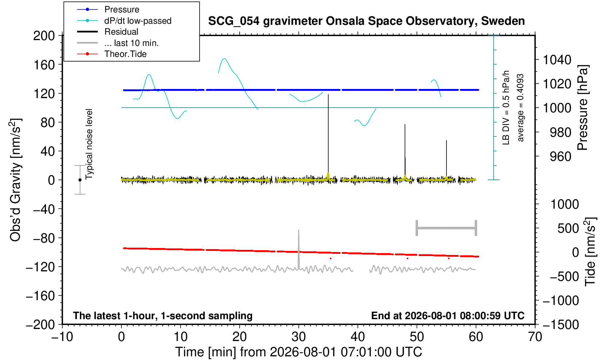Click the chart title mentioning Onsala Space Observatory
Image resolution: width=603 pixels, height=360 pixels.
pyautogui.click(x=366, y=21)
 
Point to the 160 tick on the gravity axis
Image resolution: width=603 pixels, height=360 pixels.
pyautogui.click(x=44, y=65)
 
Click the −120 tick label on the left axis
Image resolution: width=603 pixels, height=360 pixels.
pyautogui.click(x=40, y=267)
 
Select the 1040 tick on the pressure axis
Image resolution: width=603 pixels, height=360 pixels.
pyautogui.click(x=557, y=60)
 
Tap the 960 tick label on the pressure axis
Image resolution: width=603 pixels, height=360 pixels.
pyautogui.click(x=560, y=156)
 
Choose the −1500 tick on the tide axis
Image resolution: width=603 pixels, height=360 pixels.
pyautogui.click(x=561, y=325)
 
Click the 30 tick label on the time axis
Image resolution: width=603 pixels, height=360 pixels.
pyautogui.click(x=298, y=337)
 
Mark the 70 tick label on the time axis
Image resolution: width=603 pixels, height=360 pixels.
pyautogui.click(x=535, y=337)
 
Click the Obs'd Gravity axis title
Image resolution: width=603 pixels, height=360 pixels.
pyautogui.click(x=15, y=180)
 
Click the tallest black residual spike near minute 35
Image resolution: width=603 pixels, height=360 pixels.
pyautogui.click(x=328, y=135)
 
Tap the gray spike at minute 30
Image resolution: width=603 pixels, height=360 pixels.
pyautogui.click(x=298, y=249)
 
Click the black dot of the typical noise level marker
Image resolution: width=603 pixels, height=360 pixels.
pyautogui.click(x=80, y=180)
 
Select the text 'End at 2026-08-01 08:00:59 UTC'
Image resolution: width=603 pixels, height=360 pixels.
pyautogui.click(x=448, y=316)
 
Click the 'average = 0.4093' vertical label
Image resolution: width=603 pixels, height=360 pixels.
pyautogui.click(x=520, y=108)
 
